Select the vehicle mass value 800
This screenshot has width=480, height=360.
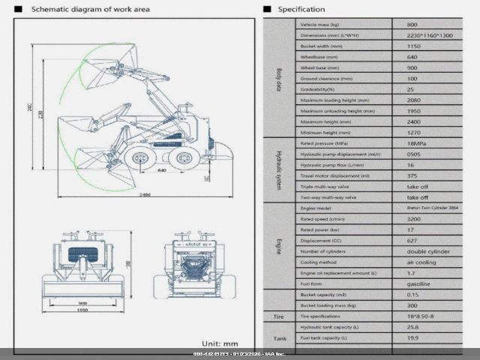click(x=412, y=25)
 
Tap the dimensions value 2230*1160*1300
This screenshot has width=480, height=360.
click(x=428, y=35)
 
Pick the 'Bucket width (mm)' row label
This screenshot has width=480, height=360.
click(x=325, y=46)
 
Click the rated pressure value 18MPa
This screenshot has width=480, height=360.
click(x=417, y=143)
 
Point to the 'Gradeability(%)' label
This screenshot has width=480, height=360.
click(x=322, y=88)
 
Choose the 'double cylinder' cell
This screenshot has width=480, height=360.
click(x=427, y=252)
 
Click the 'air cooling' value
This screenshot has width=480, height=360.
click(x=422, y=262)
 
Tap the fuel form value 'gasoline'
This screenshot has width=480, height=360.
click(x=418, y=284)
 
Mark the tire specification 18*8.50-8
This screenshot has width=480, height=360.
click(x=421, y=316)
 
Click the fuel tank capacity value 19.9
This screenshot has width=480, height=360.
click(x=412, y=338)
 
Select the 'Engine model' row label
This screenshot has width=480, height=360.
click(x=316, y=208)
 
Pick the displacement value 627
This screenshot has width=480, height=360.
click(x=412, y=241)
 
